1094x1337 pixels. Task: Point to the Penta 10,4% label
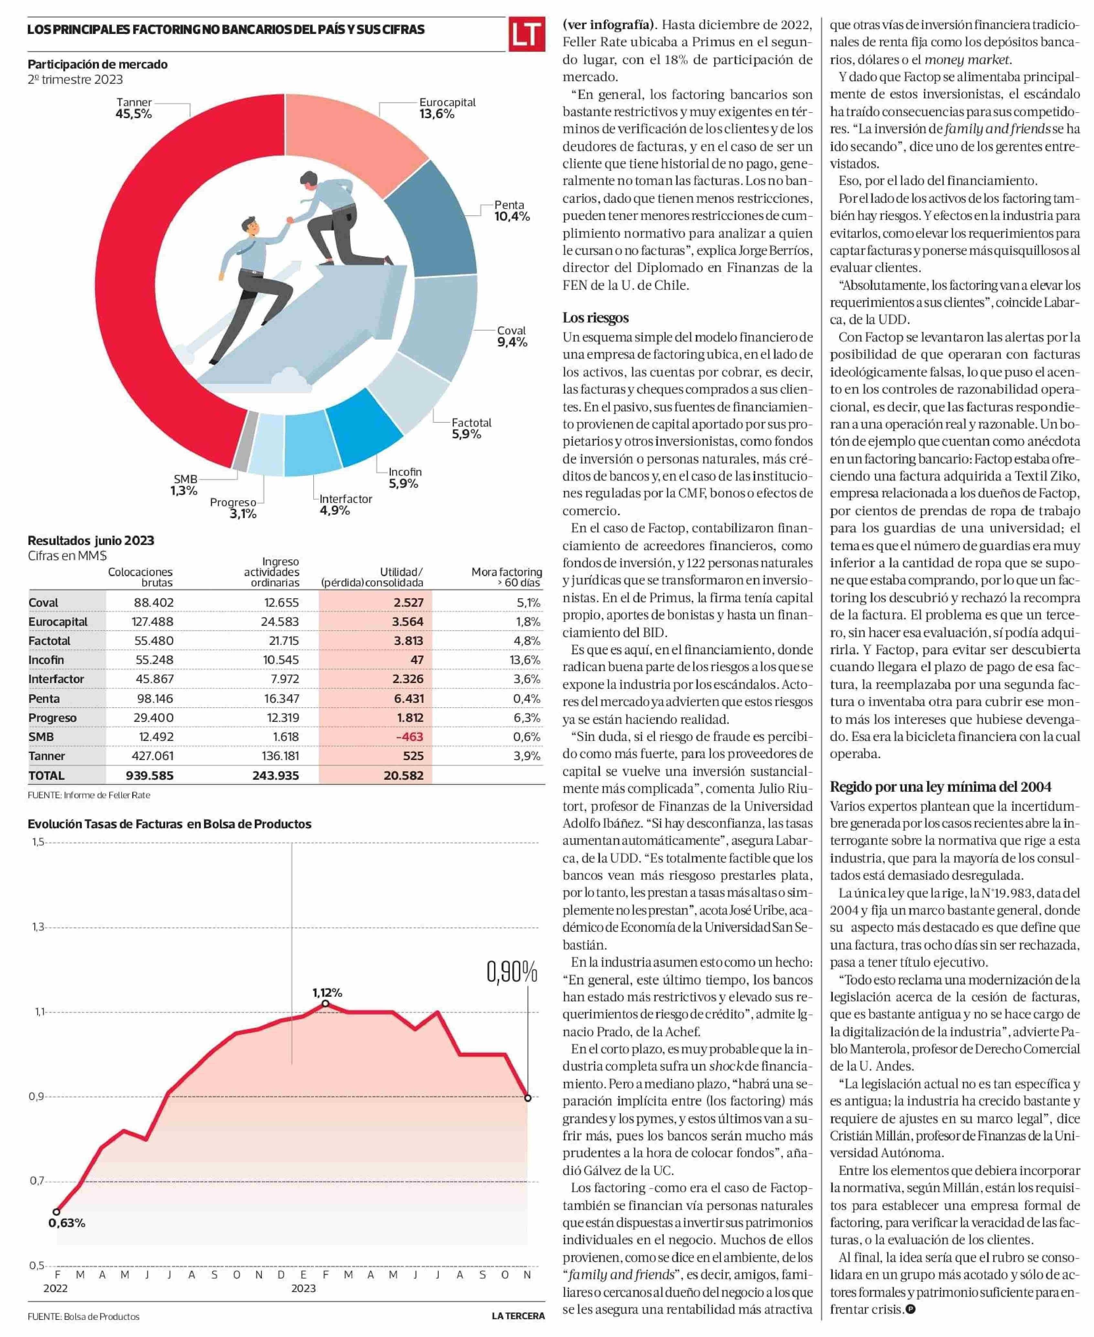[x=511, y=211]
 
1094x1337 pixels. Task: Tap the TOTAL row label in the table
[x=47, y=775]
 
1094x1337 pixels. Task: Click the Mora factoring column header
[x=507, y=577]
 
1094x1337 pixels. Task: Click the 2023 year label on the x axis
[x=303, y=1288]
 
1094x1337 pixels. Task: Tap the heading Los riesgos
[x=595, y=318]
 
